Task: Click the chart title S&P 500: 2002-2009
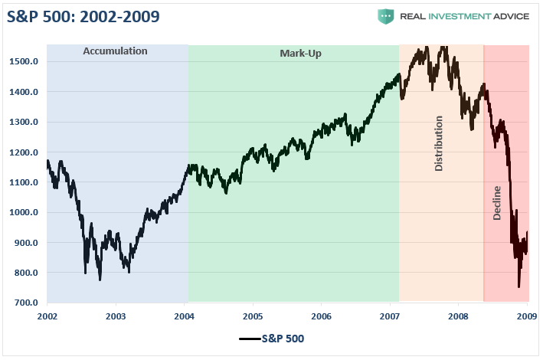tap(84, 17)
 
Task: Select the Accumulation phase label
tap(115, 52)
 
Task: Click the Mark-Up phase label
tap(295, 54)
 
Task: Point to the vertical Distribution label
tap(439, 143)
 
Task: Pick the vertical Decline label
tap(497, 202)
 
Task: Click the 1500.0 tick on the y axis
tap(25, 61)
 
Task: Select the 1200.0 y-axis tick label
tap(25, 152)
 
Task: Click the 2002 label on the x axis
tap(47, 316)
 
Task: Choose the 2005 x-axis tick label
tap(253, 316)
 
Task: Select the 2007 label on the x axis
tap(390, 316)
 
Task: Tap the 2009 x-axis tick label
tap(527, 316)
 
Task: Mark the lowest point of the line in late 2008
tap(518, 286)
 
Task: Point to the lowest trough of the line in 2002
tap(100, 280)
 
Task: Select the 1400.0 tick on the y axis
tap(25, 92)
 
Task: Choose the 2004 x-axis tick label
tap(184, 316)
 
